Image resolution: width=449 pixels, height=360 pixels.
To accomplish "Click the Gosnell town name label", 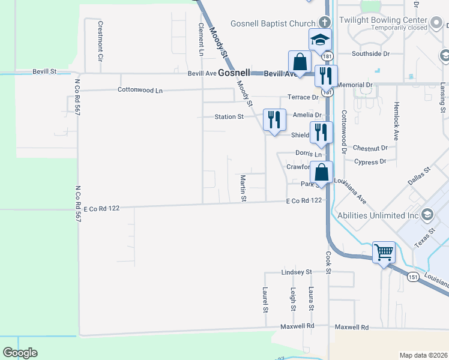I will click(x=234, y=73).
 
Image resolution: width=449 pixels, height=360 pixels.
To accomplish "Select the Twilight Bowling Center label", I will click(x=383, y=20).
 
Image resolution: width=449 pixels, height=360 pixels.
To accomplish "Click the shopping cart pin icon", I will click(x=384, y=251).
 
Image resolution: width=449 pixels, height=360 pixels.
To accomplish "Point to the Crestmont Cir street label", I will click(x=100, y=42).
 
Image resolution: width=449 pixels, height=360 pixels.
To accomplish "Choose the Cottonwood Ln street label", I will click(x=140, y=90).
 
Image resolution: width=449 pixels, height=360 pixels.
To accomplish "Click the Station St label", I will click(x=229, y=117).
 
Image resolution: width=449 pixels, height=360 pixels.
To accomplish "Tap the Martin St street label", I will click(x=244, y=188).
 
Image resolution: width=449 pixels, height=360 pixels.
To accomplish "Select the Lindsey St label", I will click(x=297, y=272).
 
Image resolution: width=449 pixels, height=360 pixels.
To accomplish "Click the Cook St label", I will click(x=329, y=263).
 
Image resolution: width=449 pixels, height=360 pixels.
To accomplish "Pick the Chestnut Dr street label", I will click(x=370, y=148).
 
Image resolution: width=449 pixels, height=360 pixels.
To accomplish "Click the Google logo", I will click(x=20, y=352).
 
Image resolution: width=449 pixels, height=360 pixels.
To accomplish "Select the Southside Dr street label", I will click(x=370, y=53).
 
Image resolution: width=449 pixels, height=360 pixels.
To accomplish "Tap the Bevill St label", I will click(x=44, y=71).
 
